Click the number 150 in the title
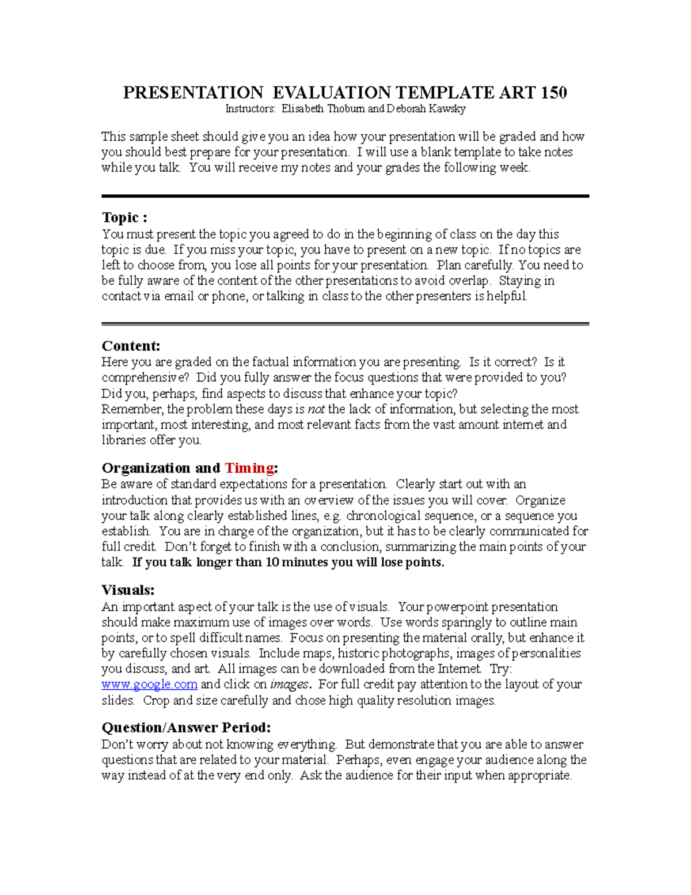click(x=554, y=93)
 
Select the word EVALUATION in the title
click(x=331, y=93)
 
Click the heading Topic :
click(x=124, y=217)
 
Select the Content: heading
click(x=131, y=346)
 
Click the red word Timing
click(x=249, y=467)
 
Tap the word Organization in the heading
click(x=146, y=467)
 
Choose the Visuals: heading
click(x=128, y=590)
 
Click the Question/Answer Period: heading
click(x=186, y=727)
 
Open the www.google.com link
click(x=150, y=685)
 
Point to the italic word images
click(x=289, y=685)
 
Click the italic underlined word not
click(x=316, y=409)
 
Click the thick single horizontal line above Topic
click(x=345, y=197)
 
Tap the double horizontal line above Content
click(x=345, y=324)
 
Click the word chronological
click(x=383, y=516)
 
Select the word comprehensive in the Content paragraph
click(x=146, y=378)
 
